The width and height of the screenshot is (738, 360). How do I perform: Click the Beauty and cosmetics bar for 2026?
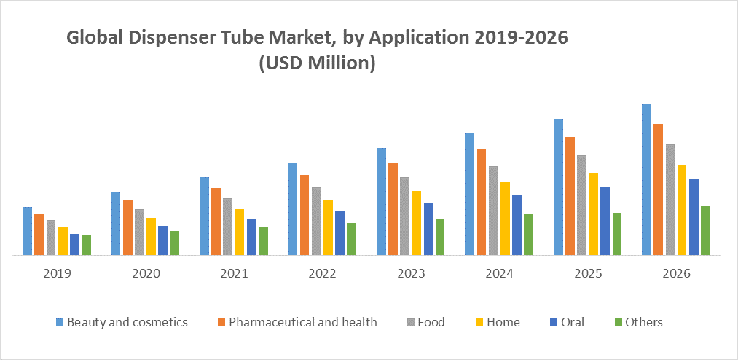coord(646,179)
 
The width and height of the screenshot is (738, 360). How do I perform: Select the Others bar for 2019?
coord(86,245)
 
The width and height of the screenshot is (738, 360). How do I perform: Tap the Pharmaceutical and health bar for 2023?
coord(393,208)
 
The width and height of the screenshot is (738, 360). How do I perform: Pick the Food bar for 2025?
coord(581,205)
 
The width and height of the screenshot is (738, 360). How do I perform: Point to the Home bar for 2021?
coord(240,232)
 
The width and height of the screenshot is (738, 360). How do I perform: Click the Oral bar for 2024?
coord(517,224)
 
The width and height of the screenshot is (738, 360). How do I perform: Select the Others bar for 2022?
coord(351,239)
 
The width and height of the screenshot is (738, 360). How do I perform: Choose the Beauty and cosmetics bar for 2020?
coord(116,223)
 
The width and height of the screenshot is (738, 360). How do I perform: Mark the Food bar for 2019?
coord(51,238)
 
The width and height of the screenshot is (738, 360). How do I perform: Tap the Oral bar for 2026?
coord(694,217)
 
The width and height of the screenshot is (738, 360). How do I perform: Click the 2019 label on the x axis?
coord(57,274)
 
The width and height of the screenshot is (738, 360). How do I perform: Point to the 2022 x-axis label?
coord(322,274)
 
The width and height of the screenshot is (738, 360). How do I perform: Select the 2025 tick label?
coord(587,274)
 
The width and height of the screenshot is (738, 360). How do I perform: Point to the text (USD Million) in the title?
coord(317,64)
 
